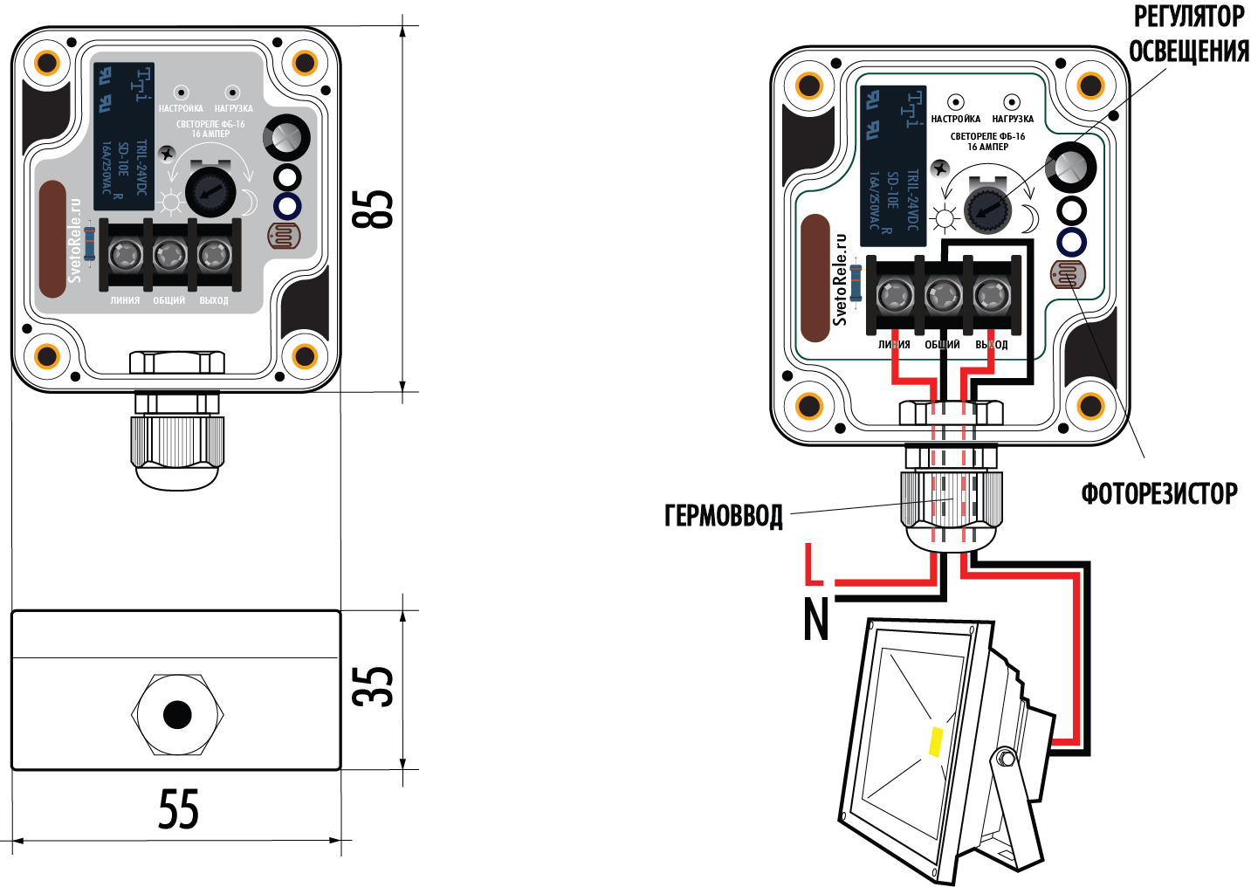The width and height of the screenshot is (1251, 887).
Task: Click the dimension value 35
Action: click(373, 686)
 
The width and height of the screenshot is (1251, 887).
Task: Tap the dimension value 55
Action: click(178, 809)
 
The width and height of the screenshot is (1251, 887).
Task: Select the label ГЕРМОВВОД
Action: click(724, 515)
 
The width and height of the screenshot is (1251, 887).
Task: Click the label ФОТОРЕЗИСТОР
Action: click(1158, 494)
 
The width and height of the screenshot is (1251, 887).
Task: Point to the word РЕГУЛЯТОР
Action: click(1188, 17)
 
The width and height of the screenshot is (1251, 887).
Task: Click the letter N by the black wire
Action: click(815, 619)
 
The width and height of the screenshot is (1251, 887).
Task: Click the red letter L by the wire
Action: click(813, 565)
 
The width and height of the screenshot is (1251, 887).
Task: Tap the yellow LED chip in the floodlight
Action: click(936, 741)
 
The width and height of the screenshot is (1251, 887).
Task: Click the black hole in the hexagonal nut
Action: click(177, 714)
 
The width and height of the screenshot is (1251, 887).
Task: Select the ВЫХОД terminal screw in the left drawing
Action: click(214, 256)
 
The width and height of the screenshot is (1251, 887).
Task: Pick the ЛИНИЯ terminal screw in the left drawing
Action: click(124, 256)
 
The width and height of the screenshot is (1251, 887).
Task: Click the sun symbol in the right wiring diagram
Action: click(944, 218)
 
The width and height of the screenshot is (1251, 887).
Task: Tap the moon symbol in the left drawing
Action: click(249, 203)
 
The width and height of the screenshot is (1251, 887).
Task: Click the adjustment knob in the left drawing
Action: click(210, 191)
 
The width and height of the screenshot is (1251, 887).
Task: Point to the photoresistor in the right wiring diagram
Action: click(1067, 276)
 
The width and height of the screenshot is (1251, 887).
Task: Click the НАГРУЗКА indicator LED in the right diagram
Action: click(1012, 102)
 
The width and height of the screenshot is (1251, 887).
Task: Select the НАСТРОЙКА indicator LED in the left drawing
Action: click(182, 92)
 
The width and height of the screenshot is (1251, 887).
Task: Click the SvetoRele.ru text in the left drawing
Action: click(75, 240)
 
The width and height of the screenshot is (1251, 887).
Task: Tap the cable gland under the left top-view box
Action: click(175, 441)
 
